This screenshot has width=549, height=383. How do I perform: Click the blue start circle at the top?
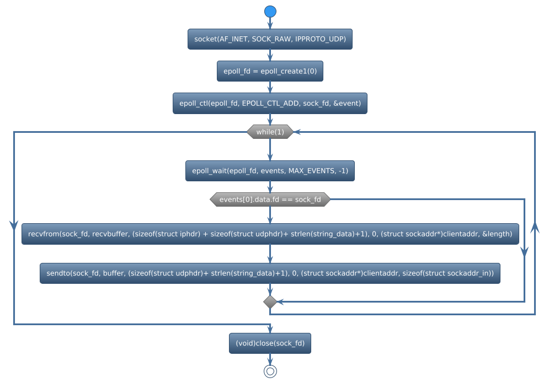(x=270, y=12)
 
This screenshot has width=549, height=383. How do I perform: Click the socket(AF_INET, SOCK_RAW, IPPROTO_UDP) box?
(x=270, y=39)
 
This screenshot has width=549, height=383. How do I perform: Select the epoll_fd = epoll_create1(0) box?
(x=270, y=71)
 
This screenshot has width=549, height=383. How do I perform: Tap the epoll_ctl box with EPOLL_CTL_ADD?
(x=270, y=103)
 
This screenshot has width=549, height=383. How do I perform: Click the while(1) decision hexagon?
(x=270, y=132)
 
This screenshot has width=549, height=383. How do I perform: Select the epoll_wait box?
(x=270, y=171)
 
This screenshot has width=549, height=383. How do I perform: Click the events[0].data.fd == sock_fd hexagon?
(x=270, y=199)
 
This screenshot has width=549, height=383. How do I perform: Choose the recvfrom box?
(x=270, y=234)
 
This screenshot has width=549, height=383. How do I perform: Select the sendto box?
(x=270, y=273)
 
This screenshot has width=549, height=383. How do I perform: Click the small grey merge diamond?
(x=270, y=301)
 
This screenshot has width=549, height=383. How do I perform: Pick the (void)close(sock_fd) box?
(x=270, y=343)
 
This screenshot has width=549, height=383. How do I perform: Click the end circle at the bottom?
(x=270, y=371)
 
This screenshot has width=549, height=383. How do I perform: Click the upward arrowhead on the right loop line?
(x=535, y=227)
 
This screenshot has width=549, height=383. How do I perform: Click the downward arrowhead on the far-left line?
(x=14, y=225)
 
